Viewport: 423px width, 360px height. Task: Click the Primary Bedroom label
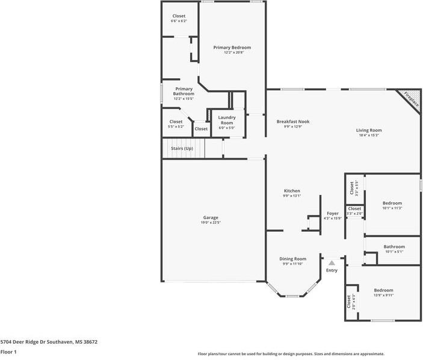click(232, 47)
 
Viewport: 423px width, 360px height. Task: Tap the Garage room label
click(210, 217)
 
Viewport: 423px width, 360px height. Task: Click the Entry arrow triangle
click(332, 262)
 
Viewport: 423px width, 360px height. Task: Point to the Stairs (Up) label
click(182, 148)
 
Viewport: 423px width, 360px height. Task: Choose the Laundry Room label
click(227, 120)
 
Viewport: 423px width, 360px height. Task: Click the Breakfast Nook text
click(293, 121)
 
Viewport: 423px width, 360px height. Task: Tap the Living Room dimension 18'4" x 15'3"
click(369, 135)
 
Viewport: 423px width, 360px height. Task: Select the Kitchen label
click(292, 190)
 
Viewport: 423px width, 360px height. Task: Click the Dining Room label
click(293, 258)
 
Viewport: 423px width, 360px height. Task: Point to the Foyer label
click(333, 213)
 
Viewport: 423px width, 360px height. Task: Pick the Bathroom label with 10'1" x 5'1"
click(394, 246)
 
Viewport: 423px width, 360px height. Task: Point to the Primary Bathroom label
click(184, 91)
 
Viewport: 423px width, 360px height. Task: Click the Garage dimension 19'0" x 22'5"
click(210, 223)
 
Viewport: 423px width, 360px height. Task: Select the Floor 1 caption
click(8, 352)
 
